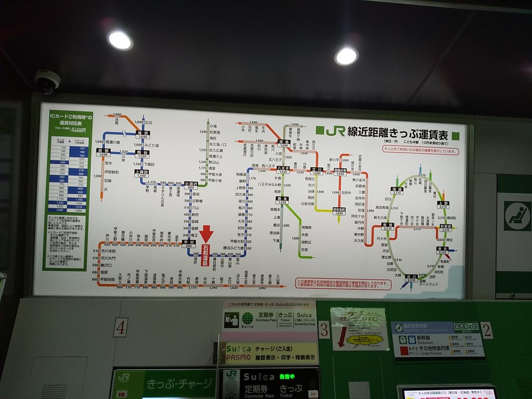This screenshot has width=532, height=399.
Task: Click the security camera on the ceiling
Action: tap(47, 81)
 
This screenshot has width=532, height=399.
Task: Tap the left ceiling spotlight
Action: tap(120, 40)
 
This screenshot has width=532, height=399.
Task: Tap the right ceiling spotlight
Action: tap(346, 56)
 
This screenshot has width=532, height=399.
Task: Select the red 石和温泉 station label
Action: tap(205, 256)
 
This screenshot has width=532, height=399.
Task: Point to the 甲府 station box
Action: tap(189, 243)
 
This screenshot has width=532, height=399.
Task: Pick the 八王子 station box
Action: tap(283, 170)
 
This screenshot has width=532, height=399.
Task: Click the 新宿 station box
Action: tap(388, 227)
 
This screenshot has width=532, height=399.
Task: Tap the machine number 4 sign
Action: tap(120, 327)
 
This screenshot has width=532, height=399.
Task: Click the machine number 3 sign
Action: tap(324, 330)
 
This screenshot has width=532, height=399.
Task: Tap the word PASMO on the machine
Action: tap(239, 357)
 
